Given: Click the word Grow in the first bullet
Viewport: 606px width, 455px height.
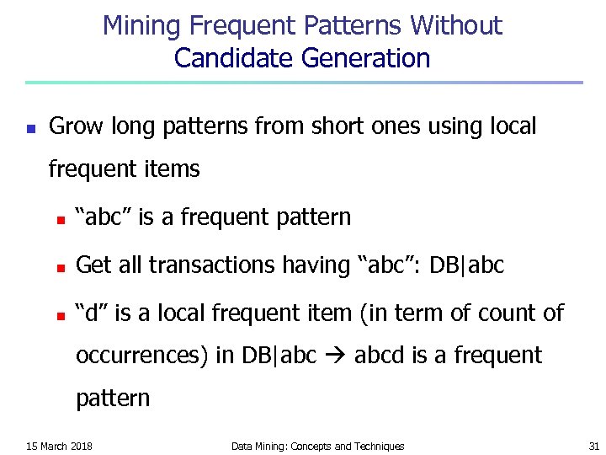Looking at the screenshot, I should pos(72,126).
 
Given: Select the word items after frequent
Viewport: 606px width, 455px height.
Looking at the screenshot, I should pos(172,169).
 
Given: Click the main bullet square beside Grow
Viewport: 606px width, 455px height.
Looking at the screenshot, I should pos(29,129).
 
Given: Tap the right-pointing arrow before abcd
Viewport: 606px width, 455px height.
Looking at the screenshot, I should pos(334,356).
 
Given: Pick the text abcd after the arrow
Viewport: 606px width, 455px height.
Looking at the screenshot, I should pos(380,356).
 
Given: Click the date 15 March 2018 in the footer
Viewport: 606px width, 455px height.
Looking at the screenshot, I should pos(59,446).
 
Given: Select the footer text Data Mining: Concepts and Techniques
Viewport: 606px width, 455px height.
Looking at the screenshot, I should pos(317,446).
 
